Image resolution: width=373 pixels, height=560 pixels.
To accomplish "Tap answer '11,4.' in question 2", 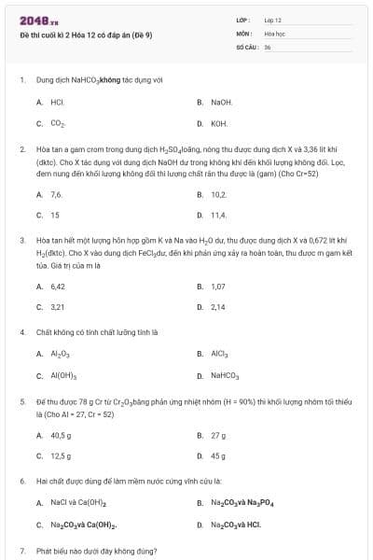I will pyautogui.click(x=219, y=215).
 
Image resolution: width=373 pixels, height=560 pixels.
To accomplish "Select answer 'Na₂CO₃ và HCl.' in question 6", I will pyautogui.click(x=235, y=525).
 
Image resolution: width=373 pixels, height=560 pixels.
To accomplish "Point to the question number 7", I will pyautogui.click(x=21, y=551).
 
